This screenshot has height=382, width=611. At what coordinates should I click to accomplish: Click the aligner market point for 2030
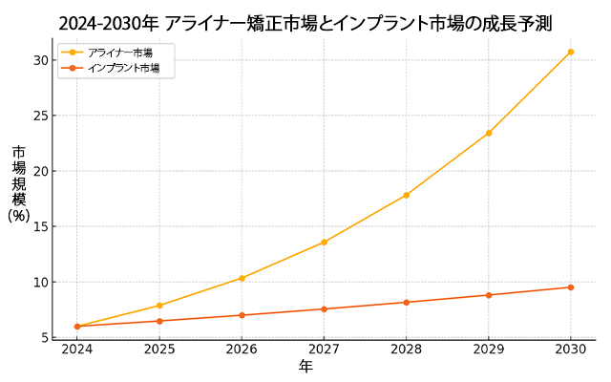pos(571,52)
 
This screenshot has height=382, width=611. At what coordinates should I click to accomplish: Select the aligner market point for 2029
pos(489,133)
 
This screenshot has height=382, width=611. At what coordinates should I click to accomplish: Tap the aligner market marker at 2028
pos(407,195)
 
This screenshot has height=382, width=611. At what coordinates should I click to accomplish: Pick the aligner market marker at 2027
pos(324,242)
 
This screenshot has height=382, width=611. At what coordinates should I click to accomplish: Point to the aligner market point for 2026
pos(242,278)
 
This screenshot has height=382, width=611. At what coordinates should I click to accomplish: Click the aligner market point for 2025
pos(159,306)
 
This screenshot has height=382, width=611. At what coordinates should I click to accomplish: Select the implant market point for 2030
pos(571,287)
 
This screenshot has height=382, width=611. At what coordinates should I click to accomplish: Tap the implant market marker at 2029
pos(489,295)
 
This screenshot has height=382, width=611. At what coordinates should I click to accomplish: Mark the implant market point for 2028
pos(407,303)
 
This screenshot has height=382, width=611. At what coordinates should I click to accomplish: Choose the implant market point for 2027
pos(324,308)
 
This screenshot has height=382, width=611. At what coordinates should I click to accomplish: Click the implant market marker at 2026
pos(242,315)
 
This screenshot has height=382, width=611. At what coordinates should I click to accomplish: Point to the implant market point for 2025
pos(159,321)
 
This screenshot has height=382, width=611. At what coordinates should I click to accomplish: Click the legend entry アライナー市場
pos(119,53)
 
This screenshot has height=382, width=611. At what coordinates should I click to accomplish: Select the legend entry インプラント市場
pos(123,68)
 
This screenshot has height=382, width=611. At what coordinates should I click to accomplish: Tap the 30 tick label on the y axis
pos(40,60)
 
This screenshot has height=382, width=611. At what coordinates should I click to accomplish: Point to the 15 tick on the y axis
pos(40,226)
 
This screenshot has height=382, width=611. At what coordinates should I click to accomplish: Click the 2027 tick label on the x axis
pos(324,350)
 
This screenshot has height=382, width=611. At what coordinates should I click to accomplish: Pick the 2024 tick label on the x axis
pos(77,350)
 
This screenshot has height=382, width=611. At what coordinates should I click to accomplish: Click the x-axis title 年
pos(305,367)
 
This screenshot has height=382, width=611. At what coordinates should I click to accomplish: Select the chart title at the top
pos(305,23)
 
